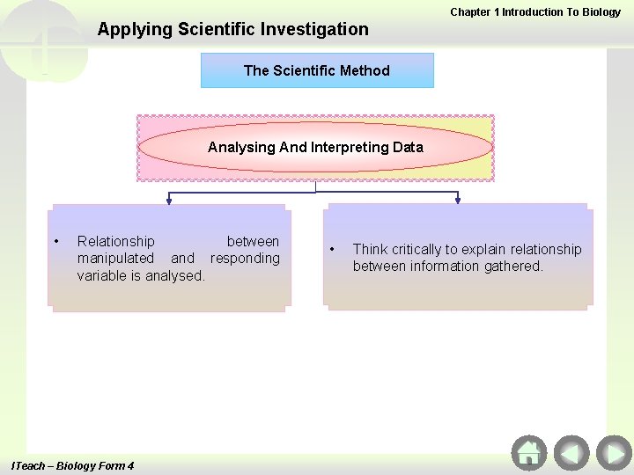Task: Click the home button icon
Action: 528,453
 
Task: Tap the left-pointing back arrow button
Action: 571,453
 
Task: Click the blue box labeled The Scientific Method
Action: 317,70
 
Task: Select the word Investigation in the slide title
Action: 318,29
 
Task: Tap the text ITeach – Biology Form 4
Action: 72,465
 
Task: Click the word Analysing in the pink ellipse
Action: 241,147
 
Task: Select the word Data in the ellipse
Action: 408,147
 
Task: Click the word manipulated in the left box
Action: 115,258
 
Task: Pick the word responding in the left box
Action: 245,258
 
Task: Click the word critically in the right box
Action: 420,249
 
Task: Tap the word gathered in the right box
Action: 512,266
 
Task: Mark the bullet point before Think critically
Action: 331,249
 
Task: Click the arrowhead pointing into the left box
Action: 169,201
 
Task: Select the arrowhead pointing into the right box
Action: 457,201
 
